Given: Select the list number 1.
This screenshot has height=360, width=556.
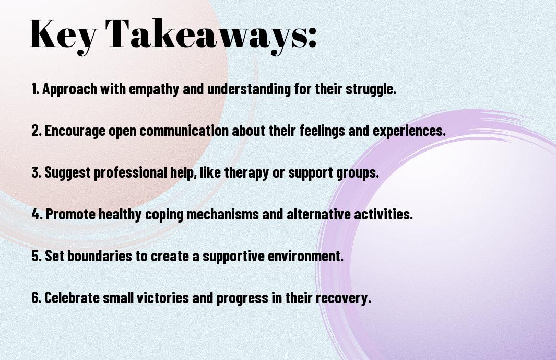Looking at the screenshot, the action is coord(35,89).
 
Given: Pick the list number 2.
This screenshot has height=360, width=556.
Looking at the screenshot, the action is coord(37,131).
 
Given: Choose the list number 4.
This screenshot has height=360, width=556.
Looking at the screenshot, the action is coord(37,214).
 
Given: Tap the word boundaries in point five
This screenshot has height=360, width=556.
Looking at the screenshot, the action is coord(100,256).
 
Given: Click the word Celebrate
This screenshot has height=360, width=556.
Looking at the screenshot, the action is coord(72,297).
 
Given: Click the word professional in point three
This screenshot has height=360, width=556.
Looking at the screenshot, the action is coord(131,173).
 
